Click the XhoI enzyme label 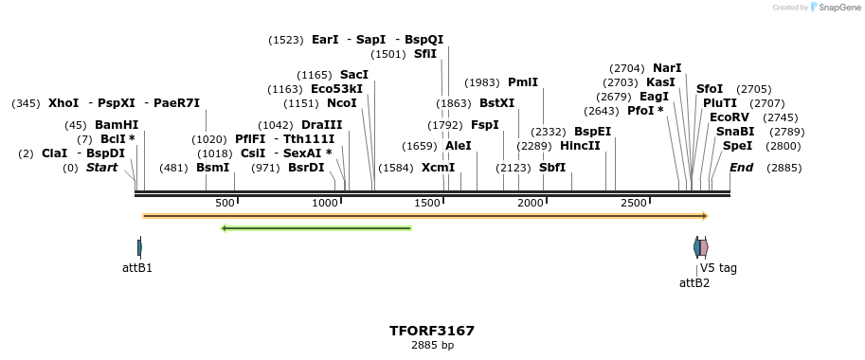63,103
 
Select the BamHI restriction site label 117,125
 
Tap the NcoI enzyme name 341,103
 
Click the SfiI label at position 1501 425,54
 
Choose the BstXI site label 496,103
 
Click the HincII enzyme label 580,146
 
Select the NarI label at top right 667,68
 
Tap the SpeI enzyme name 737,146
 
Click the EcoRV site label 729,117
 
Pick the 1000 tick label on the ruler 325,204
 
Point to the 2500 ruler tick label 633,204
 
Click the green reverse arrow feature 315,228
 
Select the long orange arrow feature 425,216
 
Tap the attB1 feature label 137,268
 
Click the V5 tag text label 718,268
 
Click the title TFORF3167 432,331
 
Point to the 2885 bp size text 432,346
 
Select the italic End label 741,168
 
